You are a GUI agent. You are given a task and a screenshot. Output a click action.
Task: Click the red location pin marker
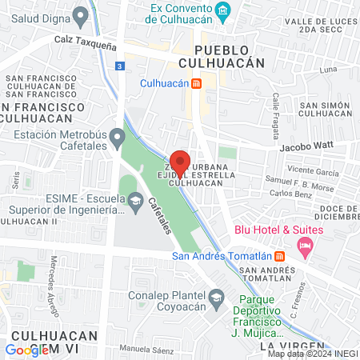(x=179, y=162)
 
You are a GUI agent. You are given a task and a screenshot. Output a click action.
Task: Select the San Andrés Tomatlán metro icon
(x=280, y=256)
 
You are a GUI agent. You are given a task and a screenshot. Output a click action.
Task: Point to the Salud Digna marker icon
(x=80, y=15)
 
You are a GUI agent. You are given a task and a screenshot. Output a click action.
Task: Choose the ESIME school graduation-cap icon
(x=134, y=199)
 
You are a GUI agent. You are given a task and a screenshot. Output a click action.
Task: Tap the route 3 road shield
(x=119, y=66)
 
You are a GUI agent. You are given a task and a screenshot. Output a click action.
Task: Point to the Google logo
(x=27, y=349)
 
